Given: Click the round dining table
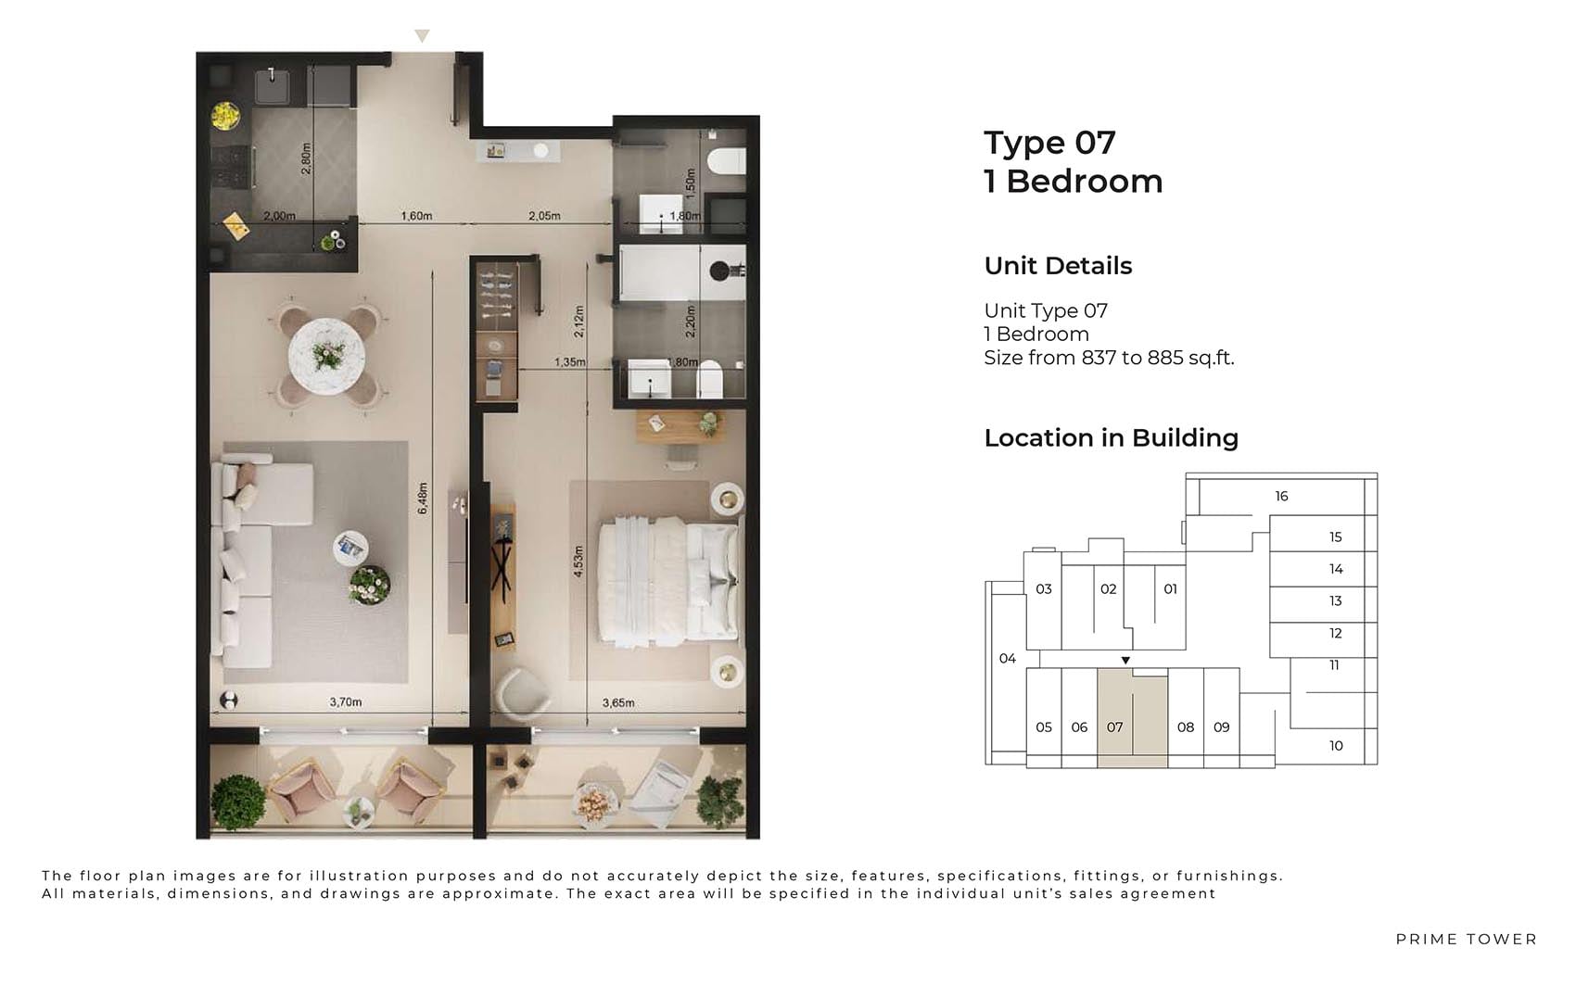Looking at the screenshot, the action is click(x=326, y=356).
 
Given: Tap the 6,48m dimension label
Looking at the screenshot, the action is click(x=422, y=498).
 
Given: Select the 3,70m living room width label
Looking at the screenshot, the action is click(x=346, y=701).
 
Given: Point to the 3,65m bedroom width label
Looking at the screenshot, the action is click(x=617, y=702).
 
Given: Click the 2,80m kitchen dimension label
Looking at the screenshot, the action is click(x=305, y=158).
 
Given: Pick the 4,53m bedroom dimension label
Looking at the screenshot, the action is click(x=578, y=561).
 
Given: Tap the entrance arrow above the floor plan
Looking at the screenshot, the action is click(x=422, y=36).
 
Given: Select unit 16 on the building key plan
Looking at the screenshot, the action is click(x=1281, y=497).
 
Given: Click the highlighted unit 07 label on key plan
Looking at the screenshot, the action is click(x=1114, y=727).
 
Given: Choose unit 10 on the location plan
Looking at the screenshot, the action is click(x=1336, y=746).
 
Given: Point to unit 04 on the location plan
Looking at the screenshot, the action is click(x=1008, y=659).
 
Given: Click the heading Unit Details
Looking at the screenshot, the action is click(x=1058, y=266).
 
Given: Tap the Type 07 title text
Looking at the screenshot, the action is click(x=1049, y=143).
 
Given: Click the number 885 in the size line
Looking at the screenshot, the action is click(x=1165, y=358).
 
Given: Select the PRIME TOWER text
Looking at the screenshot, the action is click(x=1467, y=940).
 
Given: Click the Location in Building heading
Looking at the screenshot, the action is click(x=1111, y=438).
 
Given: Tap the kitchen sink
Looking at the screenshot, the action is click(x=272, y=86).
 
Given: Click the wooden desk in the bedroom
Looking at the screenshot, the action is click(x=681, y=427).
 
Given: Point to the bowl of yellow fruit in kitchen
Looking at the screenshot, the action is click(x=225, y=115).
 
